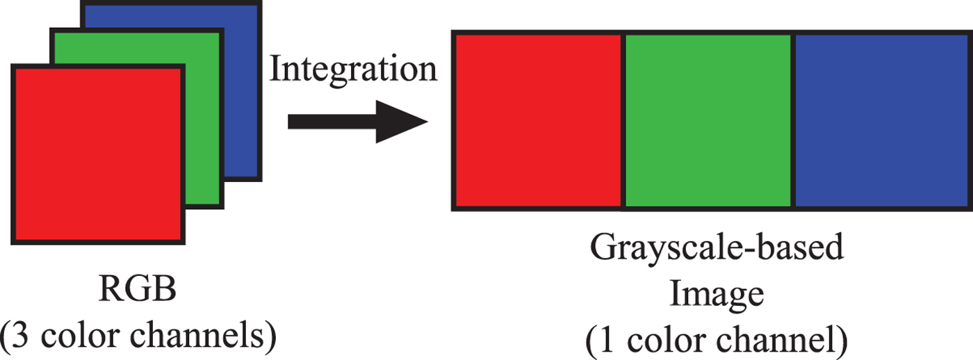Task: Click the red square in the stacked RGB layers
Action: (x=97, y=153)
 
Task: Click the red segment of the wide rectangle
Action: (x=538, y=120)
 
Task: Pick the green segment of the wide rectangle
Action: (x=708, y=120)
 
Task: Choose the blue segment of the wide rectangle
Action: (x=883, y=120)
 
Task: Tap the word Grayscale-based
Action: (x=717, y=249)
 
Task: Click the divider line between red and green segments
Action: (x=623, y=120)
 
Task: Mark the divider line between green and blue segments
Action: (x=793, y=120)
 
